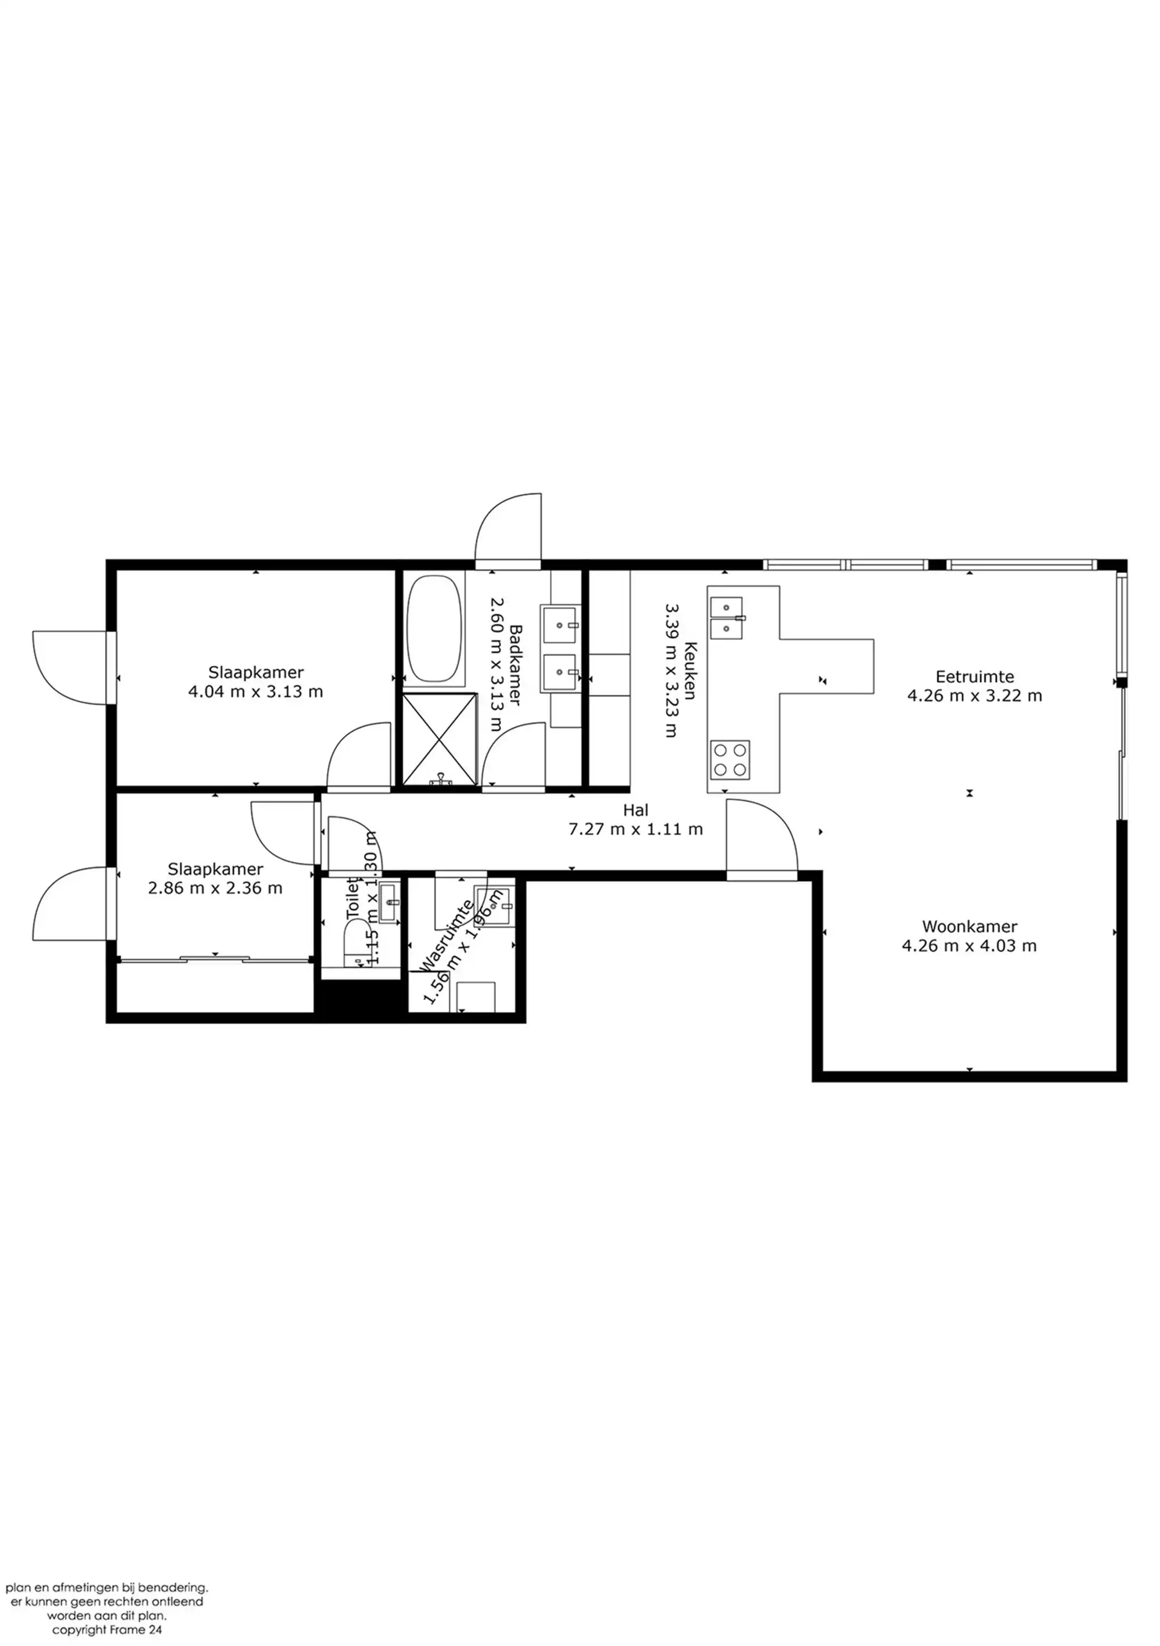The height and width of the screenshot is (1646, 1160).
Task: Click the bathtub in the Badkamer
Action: click(x=434, y=628)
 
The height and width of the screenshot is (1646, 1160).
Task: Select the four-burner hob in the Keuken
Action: click(x=730, y=760)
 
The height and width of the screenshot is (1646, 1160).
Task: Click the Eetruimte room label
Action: click(x=974, y=676)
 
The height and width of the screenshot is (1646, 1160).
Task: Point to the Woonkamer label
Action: click(x=969, y=926)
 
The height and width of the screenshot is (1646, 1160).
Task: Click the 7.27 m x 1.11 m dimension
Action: click(x=635, y=829)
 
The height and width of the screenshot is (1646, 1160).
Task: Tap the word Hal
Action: click(x=635, y=810)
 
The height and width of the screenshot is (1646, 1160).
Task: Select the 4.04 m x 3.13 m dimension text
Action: click(x=255, y=692)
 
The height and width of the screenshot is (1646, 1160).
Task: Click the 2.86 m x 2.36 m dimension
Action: click(x=215, y=888)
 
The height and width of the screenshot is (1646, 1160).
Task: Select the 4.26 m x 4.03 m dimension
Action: click(x=969, y=945)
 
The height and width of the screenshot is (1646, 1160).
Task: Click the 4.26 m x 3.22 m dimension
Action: click(x=974, y=695)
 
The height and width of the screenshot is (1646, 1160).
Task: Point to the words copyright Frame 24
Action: click(x=107, y=1630)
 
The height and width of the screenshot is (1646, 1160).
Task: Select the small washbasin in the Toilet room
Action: click(x=389, y=902)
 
